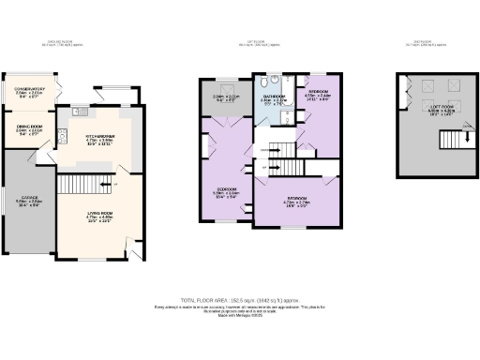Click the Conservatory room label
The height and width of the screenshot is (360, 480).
(29, 93)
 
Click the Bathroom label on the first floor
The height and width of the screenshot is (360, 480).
(275, 98)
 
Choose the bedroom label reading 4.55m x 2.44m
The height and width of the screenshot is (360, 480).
(318, 94)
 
